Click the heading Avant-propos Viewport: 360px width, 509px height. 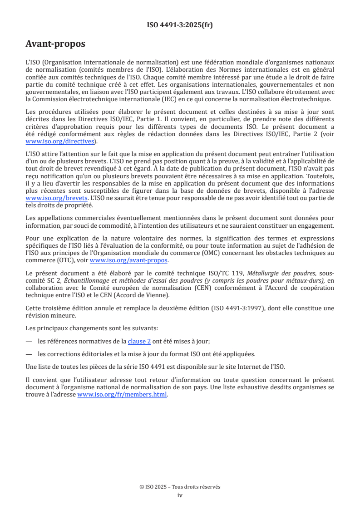pos(55,44)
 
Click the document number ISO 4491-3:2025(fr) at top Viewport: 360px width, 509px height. pos(180,25)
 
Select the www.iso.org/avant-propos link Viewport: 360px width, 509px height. pos(129,260)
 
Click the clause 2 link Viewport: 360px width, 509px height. pos(139,342)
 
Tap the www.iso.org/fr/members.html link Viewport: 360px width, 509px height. pos(123,395)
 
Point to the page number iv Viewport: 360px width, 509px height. pos(180,495)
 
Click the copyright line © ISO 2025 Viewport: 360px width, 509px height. pos(180,487)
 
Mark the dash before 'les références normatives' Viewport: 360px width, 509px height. pos(29,342)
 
